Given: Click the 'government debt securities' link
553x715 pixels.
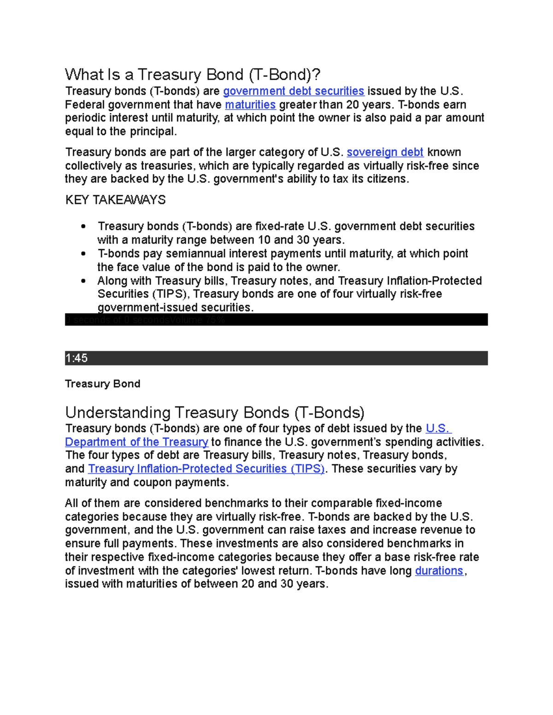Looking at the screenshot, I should (294, 91).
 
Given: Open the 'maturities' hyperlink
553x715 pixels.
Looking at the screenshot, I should (250, 105).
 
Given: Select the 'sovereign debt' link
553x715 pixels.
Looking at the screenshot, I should (385, 152).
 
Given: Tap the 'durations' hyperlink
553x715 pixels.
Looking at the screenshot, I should (439, 571).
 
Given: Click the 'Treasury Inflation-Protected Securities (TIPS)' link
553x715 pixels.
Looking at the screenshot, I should (206, 469).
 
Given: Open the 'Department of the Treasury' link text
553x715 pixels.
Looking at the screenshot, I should (137, 442).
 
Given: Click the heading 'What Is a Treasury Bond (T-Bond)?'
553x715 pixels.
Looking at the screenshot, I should (193, 75).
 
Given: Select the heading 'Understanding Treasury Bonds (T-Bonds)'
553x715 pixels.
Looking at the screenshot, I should (215, 412).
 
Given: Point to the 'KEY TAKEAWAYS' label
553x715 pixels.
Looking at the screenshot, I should (115, 200).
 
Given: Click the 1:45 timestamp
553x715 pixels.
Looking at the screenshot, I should (76, 358).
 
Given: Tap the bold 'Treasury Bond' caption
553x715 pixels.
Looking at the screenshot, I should (103, 384).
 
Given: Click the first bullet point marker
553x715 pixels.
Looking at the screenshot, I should (83, 227).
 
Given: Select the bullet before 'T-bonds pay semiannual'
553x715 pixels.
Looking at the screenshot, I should (83, 254).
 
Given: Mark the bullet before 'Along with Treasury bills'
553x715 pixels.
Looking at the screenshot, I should (83, 281).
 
